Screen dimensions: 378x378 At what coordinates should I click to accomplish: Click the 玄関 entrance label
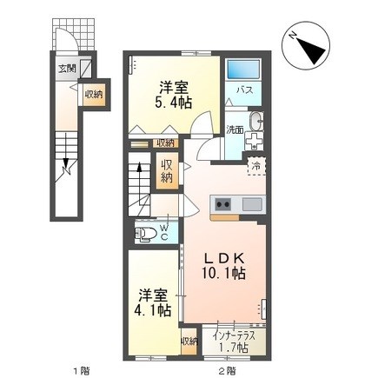[x=67, y=66]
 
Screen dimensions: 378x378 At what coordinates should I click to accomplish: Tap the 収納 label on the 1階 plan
[x=95, y=94]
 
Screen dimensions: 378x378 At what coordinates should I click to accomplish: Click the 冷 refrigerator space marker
[x=256, y=162]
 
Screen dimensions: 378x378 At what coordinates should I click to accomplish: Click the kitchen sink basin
[x=251, y=205]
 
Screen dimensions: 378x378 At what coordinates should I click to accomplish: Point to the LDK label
[x=223, y=257]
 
